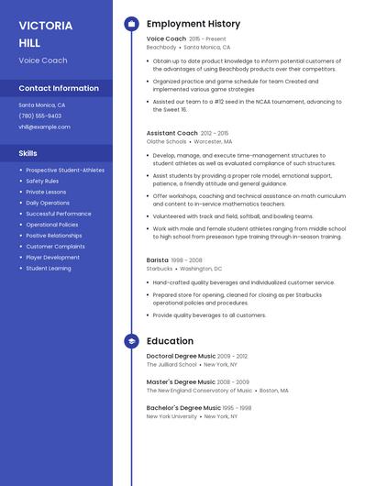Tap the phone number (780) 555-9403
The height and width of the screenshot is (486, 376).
[39, 116]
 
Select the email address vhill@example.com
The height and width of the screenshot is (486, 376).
[44, 127]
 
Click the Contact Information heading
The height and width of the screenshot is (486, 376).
[59, 88]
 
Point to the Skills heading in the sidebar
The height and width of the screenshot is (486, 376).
[28, 153]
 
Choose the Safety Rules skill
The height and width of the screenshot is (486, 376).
[42, 181]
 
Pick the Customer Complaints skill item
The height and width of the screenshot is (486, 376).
[55, 247]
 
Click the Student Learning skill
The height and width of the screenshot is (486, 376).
[49, 269]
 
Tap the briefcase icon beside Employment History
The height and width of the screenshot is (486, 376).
[131, 24]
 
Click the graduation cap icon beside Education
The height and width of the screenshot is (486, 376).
[131, 341]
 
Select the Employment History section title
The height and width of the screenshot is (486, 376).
[193, 24]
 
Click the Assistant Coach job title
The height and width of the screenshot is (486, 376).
[171, 133]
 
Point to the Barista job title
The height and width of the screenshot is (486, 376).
[158, 260]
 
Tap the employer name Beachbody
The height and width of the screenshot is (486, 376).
[161, 47]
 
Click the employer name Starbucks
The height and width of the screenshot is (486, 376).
[160, 269]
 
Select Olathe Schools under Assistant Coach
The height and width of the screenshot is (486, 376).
[167, 142]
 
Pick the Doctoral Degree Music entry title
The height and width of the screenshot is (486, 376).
[181, 356]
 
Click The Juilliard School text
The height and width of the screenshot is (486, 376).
[171, 364]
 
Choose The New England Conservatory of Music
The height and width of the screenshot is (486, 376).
[199, 390]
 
